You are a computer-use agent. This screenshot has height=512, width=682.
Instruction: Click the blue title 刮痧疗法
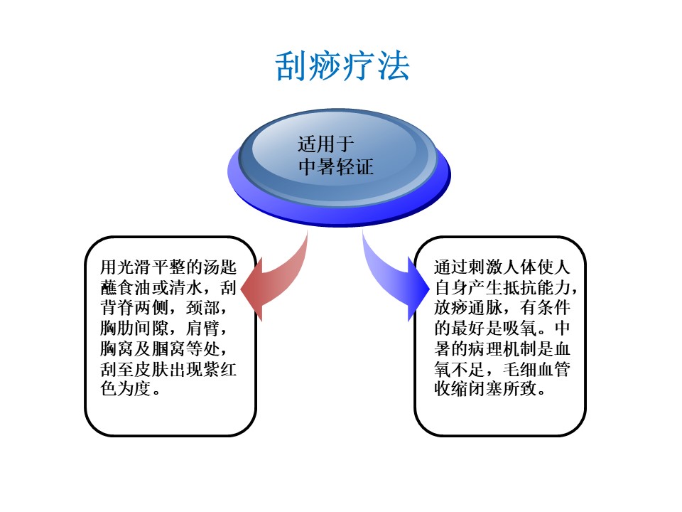pos(342,66)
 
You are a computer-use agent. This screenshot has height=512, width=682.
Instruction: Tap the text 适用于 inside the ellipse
pos(326,144)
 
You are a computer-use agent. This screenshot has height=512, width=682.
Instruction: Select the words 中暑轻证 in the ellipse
pos(336,166)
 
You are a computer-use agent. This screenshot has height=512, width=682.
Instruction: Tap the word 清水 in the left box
pos(185,287)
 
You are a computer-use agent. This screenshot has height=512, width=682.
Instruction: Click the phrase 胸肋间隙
pos(134,329)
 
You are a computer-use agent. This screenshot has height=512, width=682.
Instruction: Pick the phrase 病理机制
pos(502,348)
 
